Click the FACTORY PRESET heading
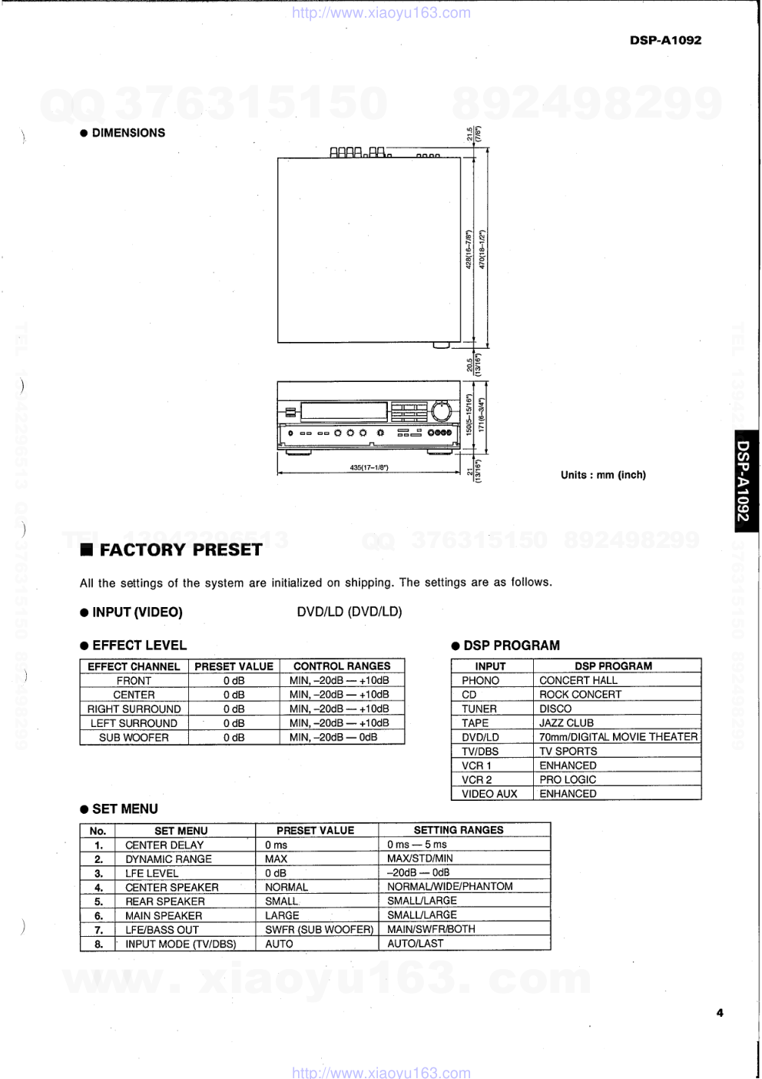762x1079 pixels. point(181,550)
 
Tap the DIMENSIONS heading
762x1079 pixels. point(128,133)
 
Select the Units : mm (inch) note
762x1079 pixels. point(603,475)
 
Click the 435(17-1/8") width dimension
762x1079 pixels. point(369,467)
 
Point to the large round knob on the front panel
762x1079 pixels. point(441,411)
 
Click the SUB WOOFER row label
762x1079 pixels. point(134,738)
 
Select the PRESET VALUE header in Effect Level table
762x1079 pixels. point(234,666)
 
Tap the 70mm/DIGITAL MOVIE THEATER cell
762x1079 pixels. point(618,737)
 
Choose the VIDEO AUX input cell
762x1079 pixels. point(489,794)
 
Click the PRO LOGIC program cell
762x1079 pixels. point(568,779)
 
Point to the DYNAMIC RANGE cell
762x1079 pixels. point(168,859)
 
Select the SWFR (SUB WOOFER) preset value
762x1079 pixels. point(319,930)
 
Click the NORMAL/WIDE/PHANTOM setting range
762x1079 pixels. point(449,887)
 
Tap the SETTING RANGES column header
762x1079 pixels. point(459,830)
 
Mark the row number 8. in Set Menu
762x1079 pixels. point(98,944)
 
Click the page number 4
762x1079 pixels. point(720,1013)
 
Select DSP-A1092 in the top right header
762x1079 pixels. point(665,40)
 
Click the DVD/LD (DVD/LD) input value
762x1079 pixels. point(350,612)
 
